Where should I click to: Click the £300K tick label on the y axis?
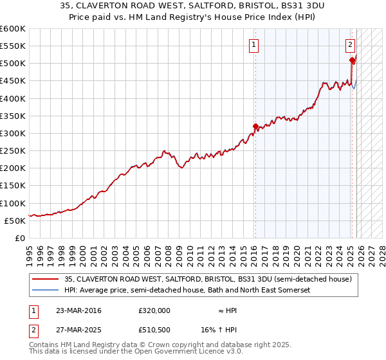13,134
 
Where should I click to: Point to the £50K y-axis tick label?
15,221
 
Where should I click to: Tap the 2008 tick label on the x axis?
169,249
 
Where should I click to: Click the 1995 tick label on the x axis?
30,249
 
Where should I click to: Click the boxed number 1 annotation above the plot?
255,45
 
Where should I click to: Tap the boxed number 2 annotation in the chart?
350,45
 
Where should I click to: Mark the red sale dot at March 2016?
255,126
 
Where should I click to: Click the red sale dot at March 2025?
352,60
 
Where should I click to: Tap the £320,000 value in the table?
154,310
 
